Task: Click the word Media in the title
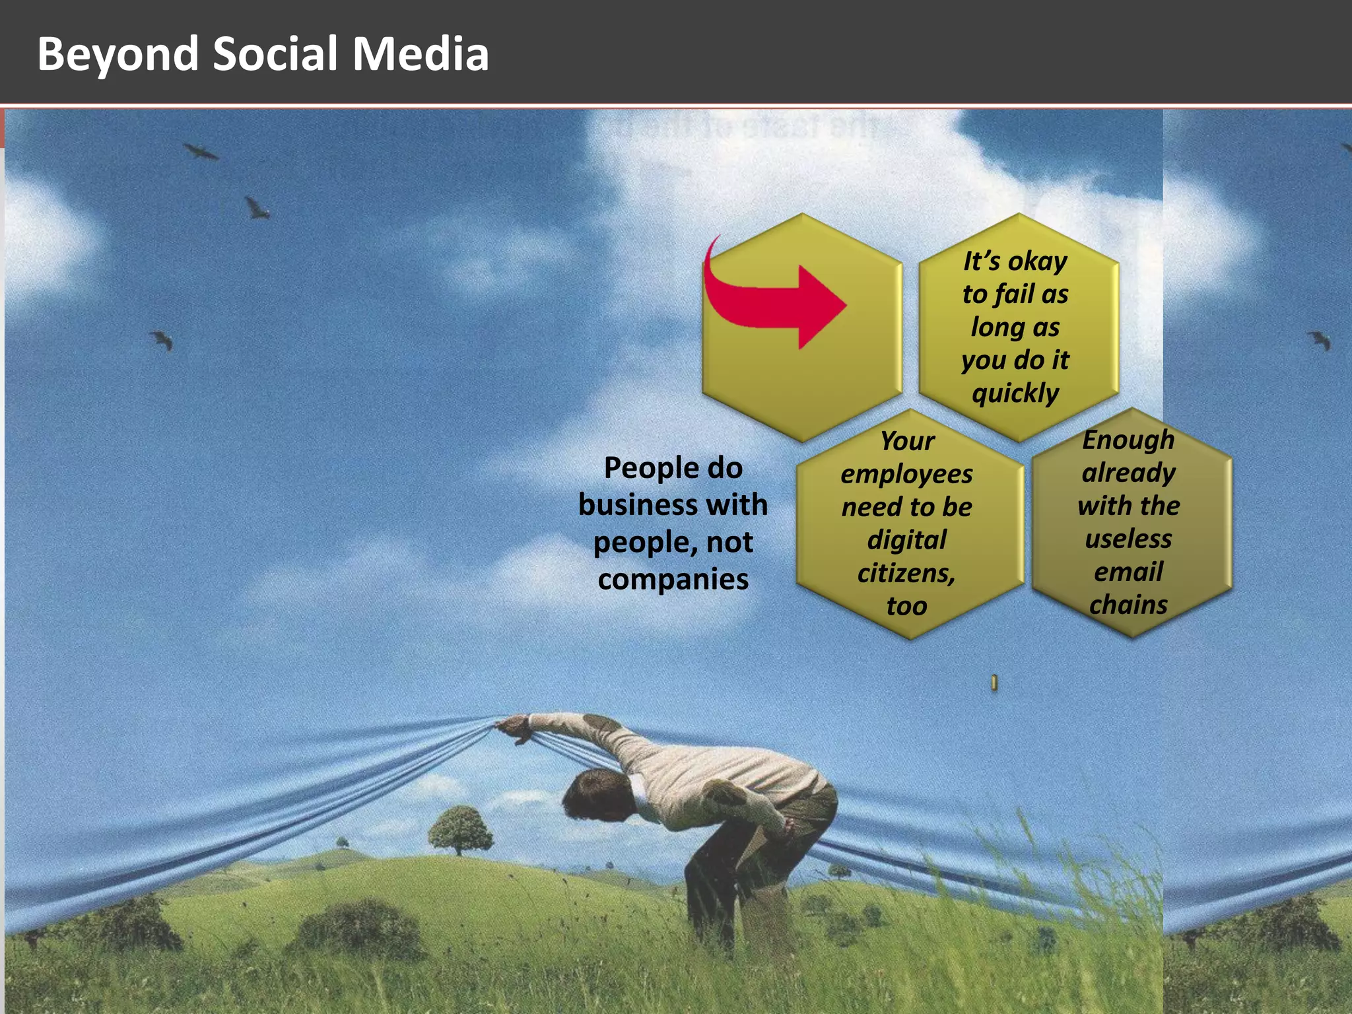pyautogui.click(x=421, y=54)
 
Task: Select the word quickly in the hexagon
pyautogui.click(x=1015, y=393)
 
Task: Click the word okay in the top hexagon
pyautogui.click(x=1037, y=261)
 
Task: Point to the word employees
pyautogui.click(x=906, y=474)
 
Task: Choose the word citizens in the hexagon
pyautogui.click(x=905, y=573)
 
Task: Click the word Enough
pyautogui.click(x=1128, y=440)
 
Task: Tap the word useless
pyautogui.click(x=1128, y=539)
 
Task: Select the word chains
pyautogui.click(x=1128, y=605)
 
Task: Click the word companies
pyautogui.click(x=673, y=580)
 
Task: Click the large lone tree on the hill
pyautogui.click(x=460, y=828)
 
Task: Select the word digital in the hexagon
pyautogui.click(x=906, y=540)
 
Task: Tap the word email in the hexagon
pyautogui.click(x=1128, y=572)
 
